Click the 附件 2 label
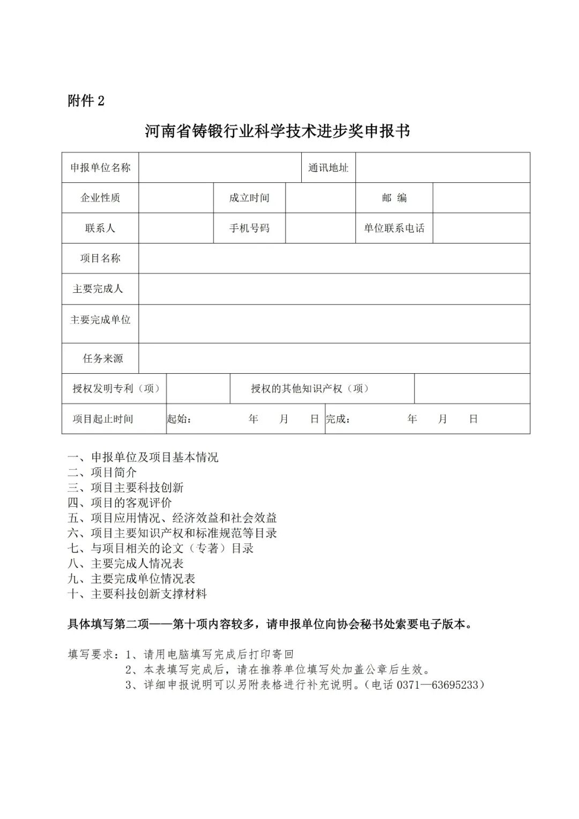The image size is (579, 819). pyautogui.click(x=86, y=100)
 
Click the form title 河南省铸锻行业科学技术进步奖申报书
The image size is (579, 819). pyautogui.click(x=277, y=131)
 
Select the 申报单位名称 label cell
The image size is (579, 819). pyautogui.click(x=100, y=167)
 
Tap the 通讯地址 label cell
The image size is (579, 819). pyautogui.click(x=328, y=167)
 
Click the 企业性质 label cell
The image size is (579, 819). pyautogui.click(x=100, y=198)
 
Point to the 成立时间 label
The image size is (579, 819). pyautogui.click(x=249, y=198)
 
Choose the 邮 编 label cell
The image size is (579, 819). pyautogui.click(x=394, y=198)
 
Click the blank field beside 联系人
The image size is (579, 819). pyautogui.click(x=176, y=228)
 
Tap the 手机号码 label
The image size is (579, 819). pyautogui.click(x=249, y=228)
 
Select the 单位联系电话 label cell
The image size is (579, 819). pyautogui.click(x=394, y=228)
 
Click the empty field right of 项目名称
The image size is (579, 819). pyautogui.click(x=334, y=259)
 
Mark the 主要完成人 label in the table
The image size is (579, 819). pyautogui.click(x=98, y=289)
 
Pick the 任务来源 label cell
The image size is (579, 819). pyautogui.click(x=102, y=358)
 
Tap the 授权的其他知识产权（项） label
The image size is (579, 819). pyautogui.click(x=310, y=388)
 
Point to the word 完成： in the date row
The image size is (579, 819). pyautogui.click(x=338, y=419)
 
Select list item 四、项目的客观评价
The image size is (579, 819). pyautogui.click(x=120, y=503)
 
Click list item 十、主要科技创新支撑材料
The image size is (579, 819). pyautogui.click(x=137, y=594)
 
